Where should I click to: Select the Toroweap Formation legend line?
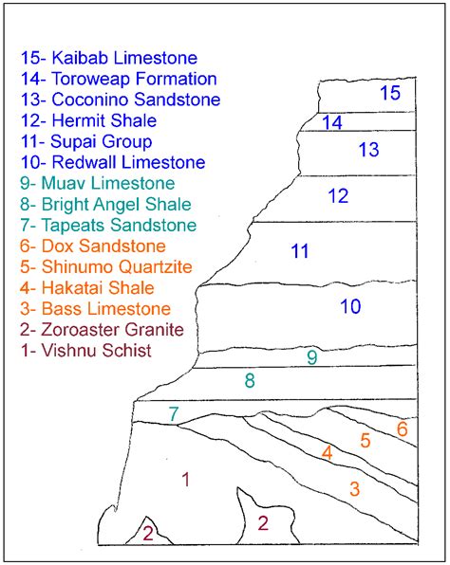pos(119,79)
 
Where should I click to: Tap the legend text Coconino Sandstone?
pos(121,100)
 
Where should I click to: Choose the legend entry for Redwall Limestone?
pos(112,162)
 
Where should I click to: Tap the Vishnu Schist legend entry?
pos(86,350)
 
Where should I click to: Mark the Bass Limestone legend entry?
pos(95,308)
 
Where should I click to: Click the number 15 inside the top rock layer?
pos(390,92)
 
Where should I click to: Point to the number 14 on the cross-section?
pos(331,122)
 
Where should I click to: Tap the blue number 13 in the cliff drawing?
pos(368,149)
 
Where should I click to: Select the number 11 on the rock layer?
pos(300,251)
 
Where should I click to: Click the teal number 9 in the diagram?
pos(311,357)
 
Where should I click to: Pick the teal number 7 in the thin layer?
pos(174,413)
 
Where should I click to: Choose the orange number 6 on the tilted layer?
pos(403,428)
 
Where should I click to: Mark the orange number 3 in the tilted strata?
pos(354,489)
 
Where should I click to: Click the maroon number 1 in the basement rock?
pos(186,480)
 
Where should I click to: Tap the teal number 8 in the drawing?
pos(250,381)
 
